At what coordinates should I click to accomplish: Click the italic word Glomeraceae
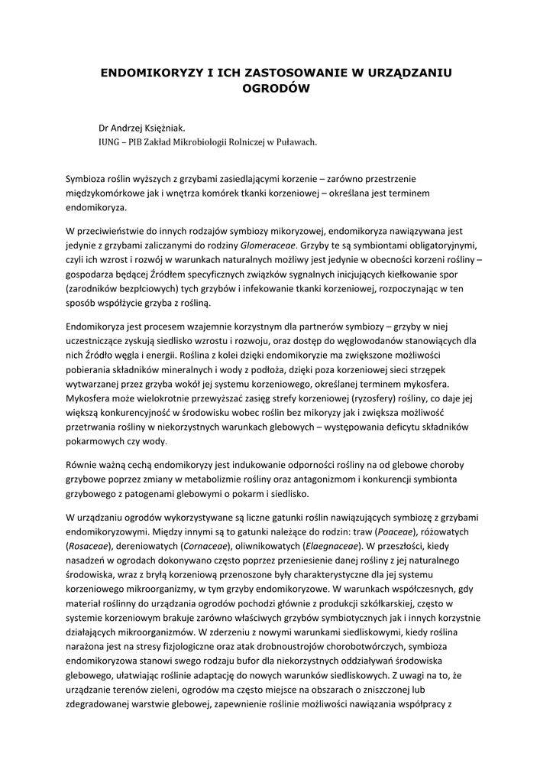tap(267, 247)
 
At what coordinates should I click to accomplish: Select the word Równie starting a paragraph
tap(82, 465)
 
